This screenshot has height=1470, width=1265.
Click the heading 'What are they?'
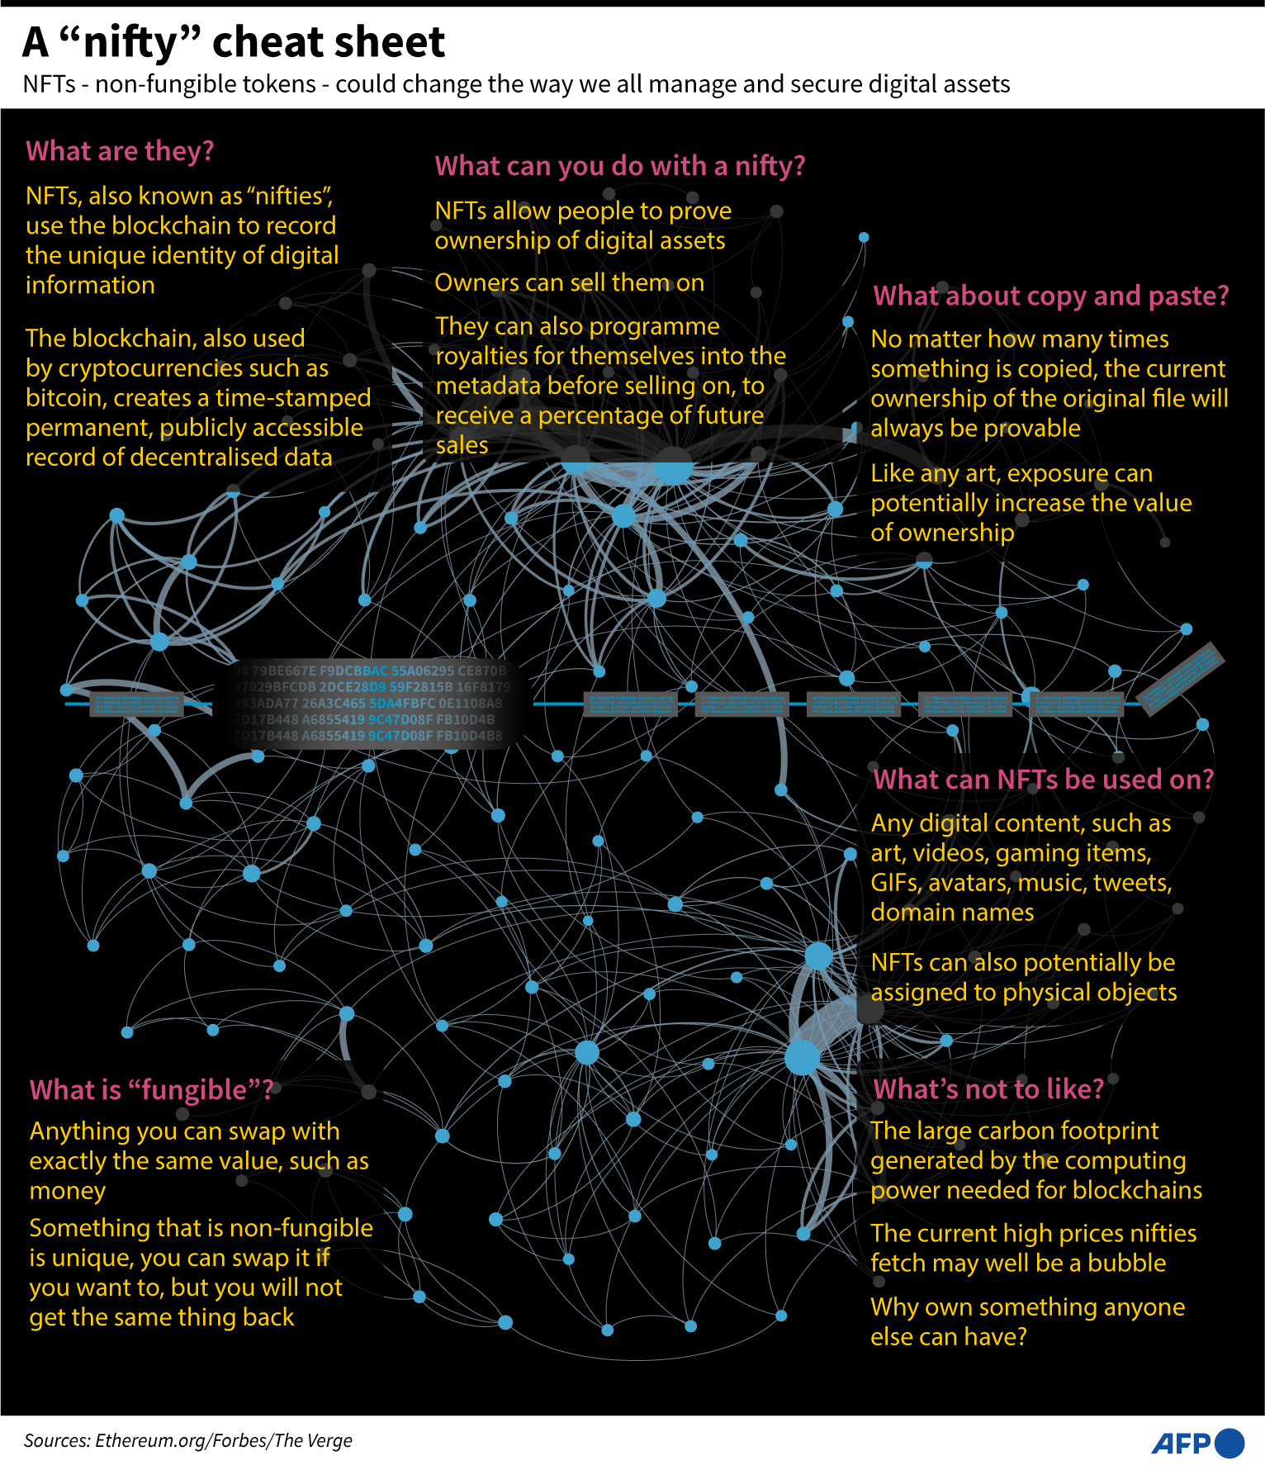coord(120,151)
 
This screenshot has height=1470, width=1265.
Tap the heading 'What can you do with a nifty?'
coord(619,166)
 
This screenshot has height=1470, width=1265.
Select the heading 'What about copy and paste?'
coord(1050,296)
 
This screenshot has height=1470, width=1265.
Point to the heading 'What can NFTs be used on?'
coord(1043,780)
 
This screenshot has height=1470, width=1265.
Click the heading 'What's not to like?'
coord(988,1089)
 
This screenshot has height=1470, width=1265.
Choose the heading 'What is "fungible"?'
coord(151,1090)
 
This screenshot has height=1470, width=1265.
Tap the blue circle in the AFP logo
coord(1229,1443)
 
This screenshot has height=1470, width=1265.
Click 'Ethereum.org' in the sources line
coord(151,1441)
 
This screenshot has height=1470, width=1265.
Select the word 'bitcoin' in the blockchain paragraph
coord(66,398)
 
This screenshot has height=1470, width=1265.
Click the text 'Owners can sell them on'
coord(569,282)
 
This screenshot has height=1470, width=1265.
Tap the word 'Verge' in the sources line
coord(329,1441)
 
